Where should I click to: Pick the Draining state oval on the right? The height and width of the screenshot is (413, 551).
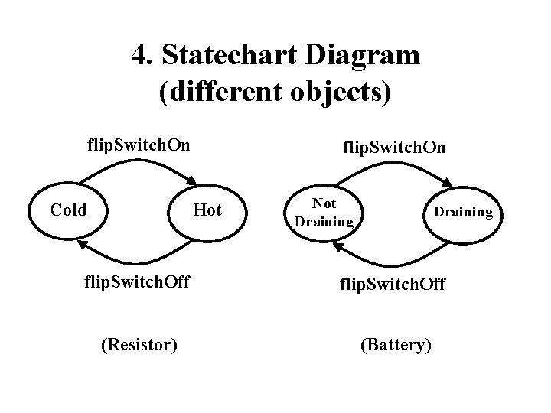tap(464, 212)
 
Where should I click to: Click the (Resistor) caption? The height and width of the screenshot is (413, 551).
tap(139, 345)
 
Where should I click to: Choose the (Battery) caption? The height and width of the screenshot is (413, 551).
tap(396, 345)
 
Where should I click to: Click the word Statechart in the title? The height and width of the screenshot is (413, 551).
tap(225, 54)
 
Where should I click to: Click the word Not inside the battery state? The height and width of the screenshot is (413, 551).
tap(324, 203)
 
